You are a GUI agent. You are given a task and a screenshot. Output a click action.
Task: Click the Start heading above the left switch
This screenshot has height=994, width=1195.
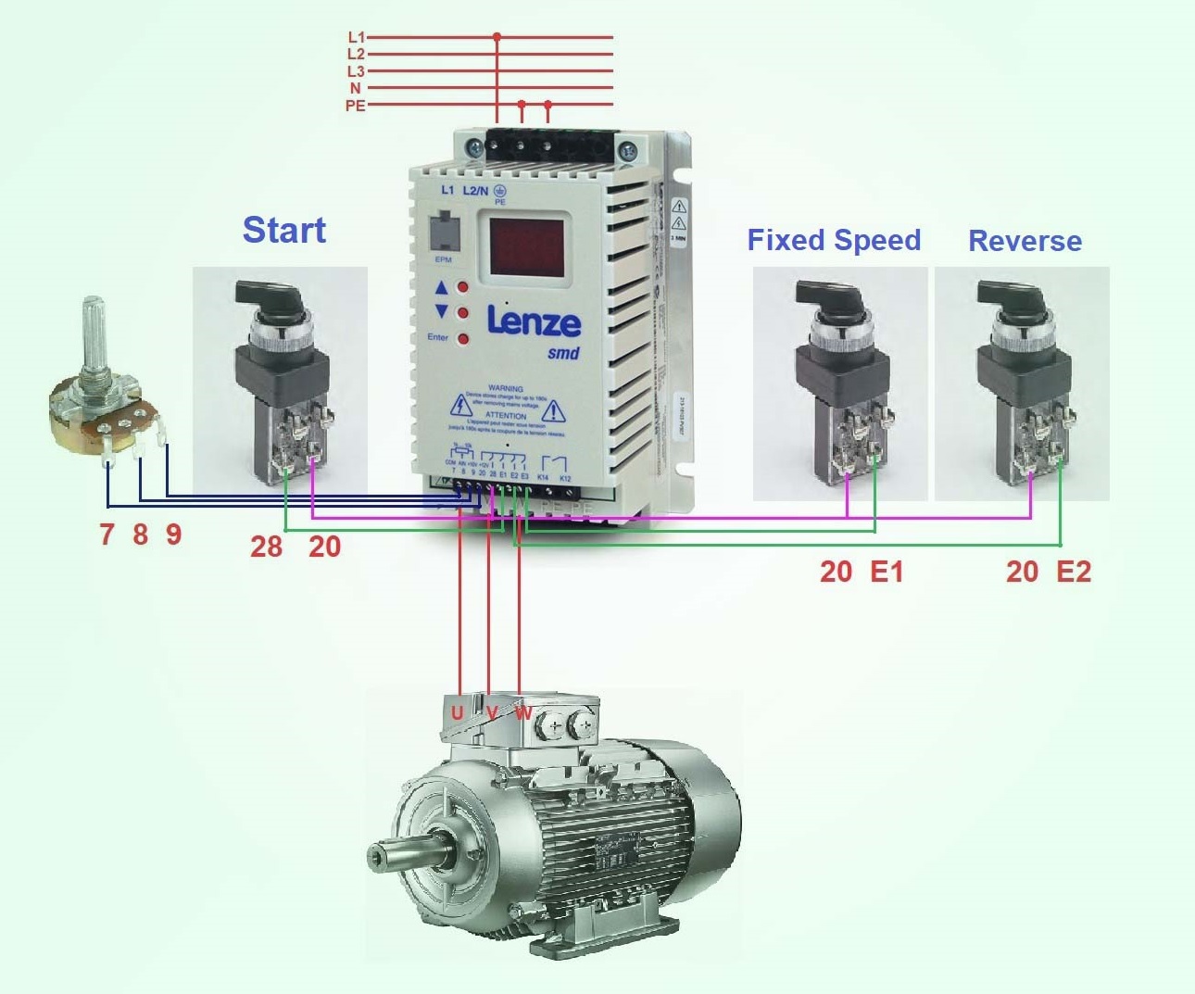click(x=283, y=230)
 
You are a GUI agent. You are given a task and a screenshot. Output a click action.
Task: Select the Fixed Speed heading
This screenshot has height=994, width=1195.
click(x=834, y=240)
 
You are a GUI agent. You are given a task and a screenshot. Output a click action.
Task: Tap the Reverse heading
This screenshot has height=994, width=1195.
click(x=1025, y=241)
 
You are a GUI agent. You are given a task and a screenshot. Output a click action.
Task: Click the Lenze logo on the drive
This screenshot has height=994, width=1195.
click(x=534, y=321)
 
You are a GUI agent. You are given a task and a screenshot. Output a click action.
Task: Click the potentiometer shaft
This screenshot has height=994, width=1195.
click(x=94, y=333)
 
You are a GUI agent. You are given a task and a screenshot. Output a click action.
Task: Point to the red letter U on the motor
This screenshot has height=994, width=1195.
click(x=457, y=712)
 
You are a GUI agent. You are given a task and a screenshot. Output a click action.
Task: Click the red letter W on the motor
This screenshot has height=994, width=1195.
click(x=523, y=713)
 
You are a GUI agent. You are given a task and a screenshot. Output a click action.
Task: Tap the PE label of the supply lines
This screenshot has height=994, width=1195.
click(x=355, y=106)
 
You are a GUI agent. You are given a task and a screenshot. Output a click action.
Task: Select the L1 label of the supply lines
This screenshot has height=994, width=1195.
click(x=356, y=37)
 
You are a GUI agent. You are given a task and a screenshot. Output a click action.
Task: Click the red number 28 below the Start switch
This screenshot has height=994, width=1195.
click(x=266, y=547)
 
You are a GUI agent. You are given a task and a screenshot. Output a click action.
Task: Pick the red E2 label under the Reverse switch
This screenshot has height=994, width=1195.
click(x=1074, y=572)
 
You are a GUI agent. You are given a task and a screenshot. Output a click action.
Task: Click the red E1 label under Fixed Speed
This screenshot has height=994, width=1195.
click(x=887, y=572)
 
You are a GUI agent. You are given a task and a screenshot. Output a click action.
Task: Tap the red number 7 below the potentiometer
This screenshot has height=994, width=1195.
click(x=107, y=535)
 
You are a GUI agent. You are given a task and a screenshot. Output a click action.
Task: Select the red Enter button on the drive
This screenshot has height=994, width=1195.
click(x=463, y=339)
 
